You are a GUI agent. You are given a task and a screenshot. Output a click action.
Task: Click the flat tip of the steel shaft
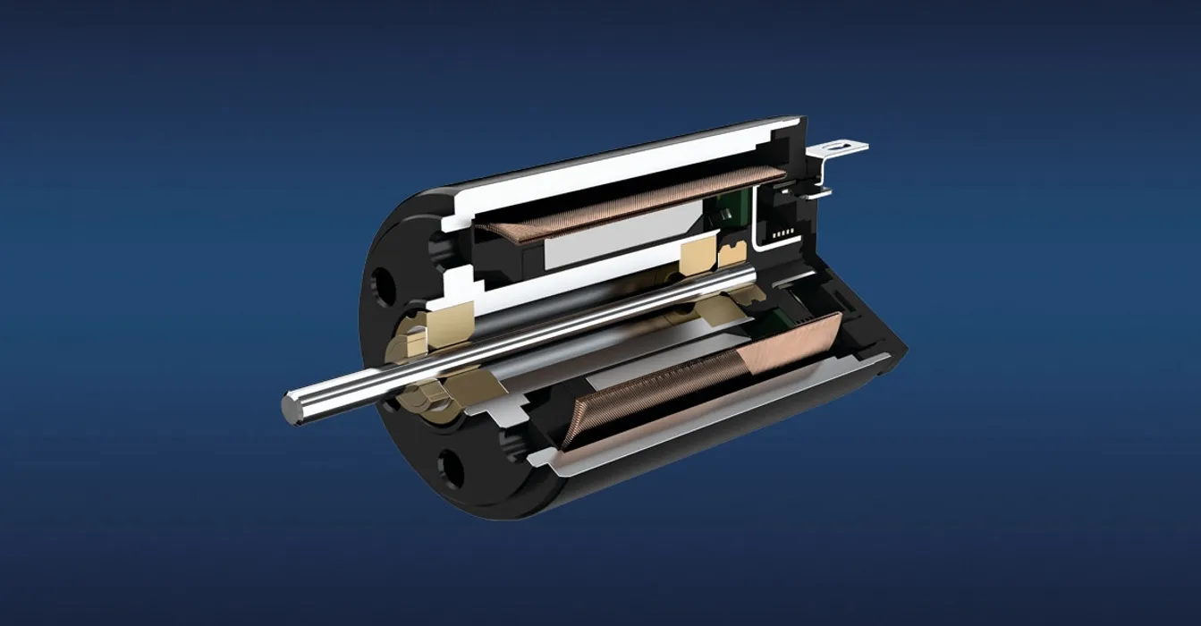click(x=291, y=408)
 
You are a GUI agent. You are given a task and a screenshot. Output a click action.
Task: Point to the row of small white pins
click(x=784, y=232)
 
